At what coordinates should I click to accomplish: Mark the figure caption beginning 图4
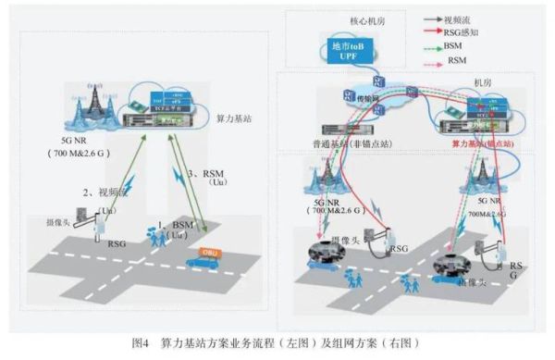tap(277, 342)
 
